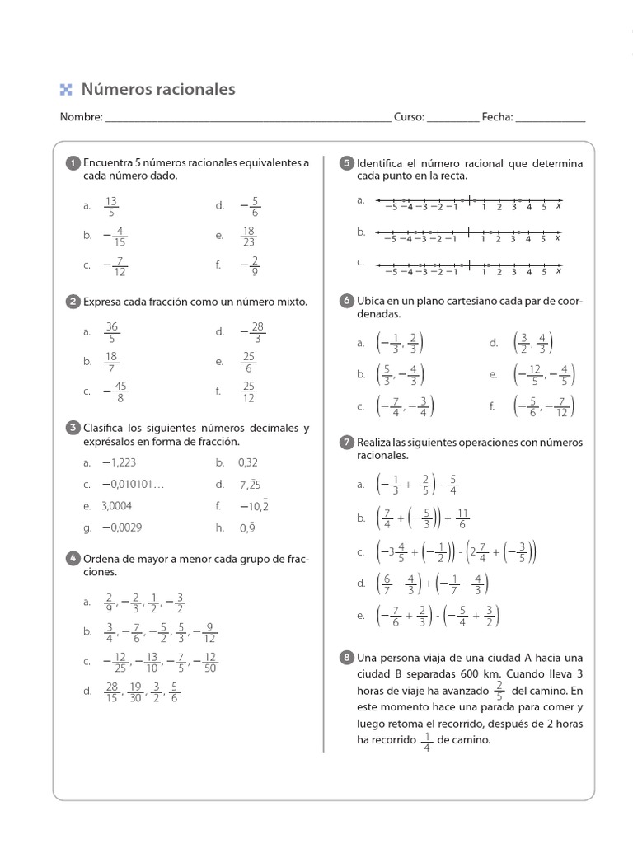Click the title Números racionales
click(x=157, y=89)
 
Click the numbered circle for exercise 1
click(x=73, y=163)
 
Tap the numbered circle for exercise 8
click(x=347, y=657)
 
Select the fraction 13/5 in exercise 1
click(x=112, y=206)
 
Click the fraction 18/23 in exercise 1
click(x=248, y=236)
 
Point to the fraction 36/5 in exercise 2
click(x=112, y=331)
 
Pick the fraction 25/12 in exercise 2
click(x=248, y=392)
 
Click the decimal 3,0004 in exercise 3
click(x=116, y=506)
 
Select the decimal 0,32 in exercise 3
click(x=248, y=463)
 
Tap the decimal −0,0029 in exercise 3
click(x=121, y=527)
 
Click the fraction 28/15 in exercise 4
click(x=112, y=692)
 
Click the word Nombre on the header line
click(x=81, y=117)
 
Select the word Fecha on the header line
click(x=497, y=117)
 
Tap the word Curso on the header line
click(x=408, y=117)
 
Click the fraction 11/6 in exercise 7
click(x=462, y=518)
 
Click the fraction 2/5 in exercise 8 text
click(x=498, y=691)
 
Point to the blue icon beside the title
click(x=67, y=90)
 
